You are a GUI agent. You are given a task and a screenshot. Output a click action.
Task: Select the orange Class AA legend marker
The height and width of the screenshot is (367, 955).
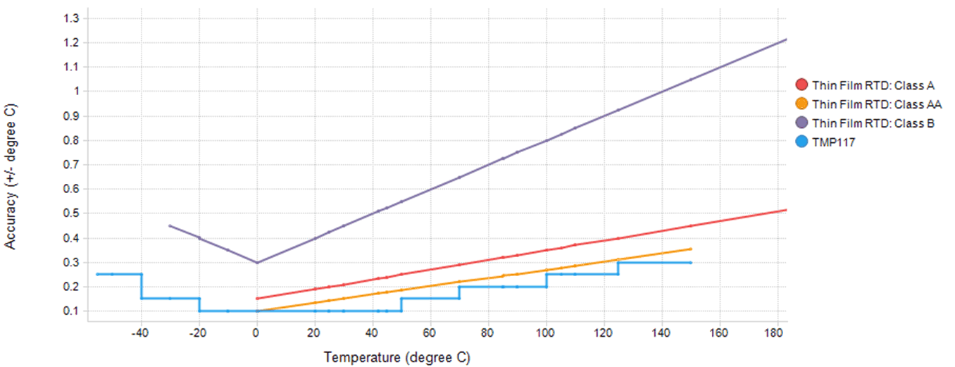801,104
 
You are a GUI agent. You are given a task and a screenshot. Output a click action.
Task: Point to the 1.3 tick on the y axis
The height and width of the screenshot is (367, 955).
71,18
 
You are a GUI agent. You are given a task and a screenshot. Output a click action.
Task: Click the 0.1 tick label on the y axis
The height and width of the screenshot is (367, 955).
71,311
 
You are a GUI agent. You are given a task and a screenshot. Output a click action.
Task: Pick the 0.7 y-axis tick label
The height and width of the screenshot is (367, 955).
71,164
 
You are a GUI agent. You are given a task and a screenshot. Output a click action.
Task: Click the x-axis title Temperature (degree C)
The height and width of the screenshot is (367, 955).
397,357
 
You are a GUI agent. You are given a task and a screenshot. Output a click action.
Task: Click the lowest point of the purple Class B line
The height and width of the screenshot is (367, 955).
257,262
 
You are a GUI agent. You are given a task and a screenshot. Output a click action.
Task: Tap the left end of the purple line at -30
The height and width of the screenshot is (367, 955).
170,225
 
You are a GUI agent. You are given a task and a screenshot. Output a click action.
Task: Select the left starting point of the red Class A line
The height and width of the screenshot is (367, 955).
257,299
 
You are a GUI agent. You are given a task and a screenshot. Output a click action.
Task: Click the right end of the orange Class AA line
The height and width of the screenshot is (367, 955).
690,249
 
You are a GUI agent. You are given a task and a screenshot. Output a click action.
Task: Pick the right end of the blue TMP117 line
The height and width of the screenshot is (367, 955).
690,262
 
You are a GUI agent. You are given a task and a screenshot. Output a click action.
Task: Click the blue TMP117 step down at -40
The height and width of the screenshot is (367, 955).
142,286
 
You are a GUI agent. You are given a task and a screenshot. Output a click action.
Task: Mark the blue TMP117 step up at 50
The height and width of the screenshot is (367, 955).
401,304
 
